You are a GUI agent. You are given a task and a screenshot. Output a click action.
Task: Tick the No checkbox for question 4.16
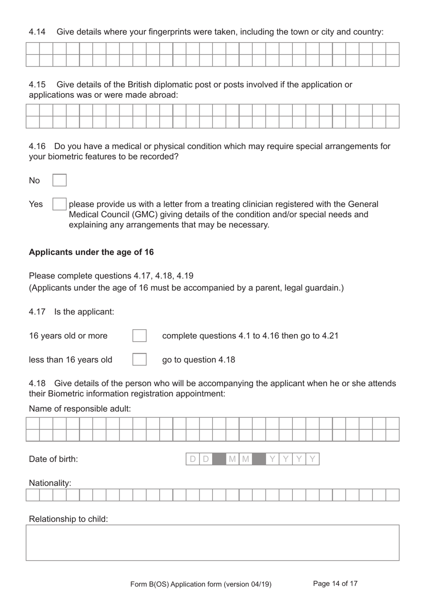[x=60, y=180]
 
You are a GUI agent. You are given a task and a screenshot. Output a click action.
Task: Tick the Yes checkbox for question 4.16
[x=60, y=204]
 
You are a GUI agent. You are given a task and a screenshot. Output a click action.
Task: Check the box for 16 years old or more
[x=139, y=336]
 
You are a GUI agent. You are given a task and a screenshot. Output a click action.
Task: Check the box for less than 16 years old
[x=139, y=360]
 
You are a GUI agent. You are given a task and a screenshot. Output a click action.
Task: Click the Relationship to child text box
[x=212, y=543]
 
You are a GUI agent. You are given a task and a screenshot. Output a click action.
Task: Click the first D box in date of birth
[x=193, y=459]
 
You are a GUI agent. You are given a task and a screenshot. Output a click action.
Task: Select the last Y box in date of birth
[x=313, y=459]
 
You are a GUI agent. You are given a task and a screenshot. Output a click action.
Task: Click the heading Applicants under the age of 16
[x=91, y=252]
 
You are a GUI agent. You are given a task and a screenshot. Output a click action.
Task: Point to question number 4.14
[x=37, y=32]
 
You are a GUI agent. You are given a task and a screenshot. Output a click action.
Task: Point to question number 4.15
[x=37, y=85]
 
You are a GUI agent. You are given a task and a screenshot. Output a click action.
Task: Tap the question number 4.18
[x=37, y=383]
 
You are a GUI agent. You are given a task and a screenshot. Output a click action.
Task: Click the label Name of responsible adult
[x=80, y=409]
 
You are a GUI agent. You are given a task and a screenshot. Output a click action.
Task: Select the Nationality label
[x=50, y=483]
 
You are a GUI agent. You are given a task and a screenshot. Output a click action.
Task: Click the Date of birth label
[x=53, y=459]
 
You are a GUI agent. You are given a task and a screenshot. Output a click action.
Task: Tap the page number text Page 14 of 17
[x=335, y=584]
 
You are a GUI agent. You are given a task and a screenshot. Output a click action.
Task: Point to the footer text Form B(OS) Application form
[x=200, y=584]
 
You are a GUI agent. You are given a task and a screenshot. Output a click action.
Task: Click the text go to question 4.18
[x=199, y=360]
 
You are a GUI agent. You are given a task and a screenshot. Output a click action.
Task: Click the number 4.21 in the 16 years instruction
[x=330, y=336]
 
